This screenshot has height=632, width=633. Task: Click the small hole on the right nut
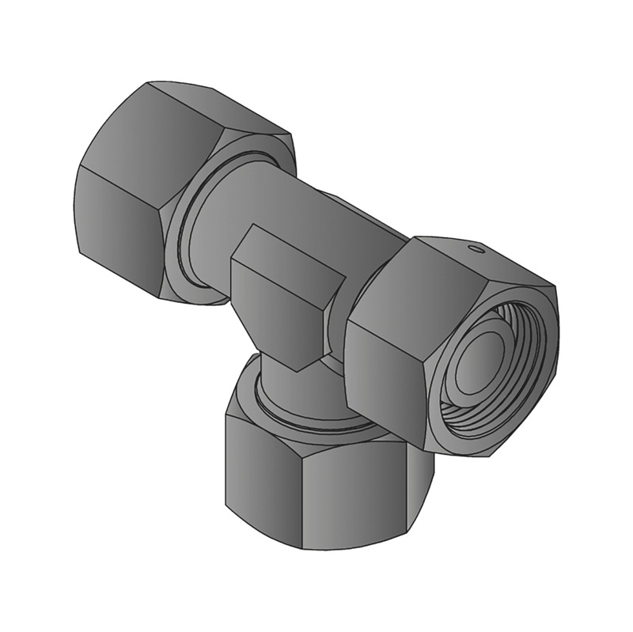click(x=476, y=250)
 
